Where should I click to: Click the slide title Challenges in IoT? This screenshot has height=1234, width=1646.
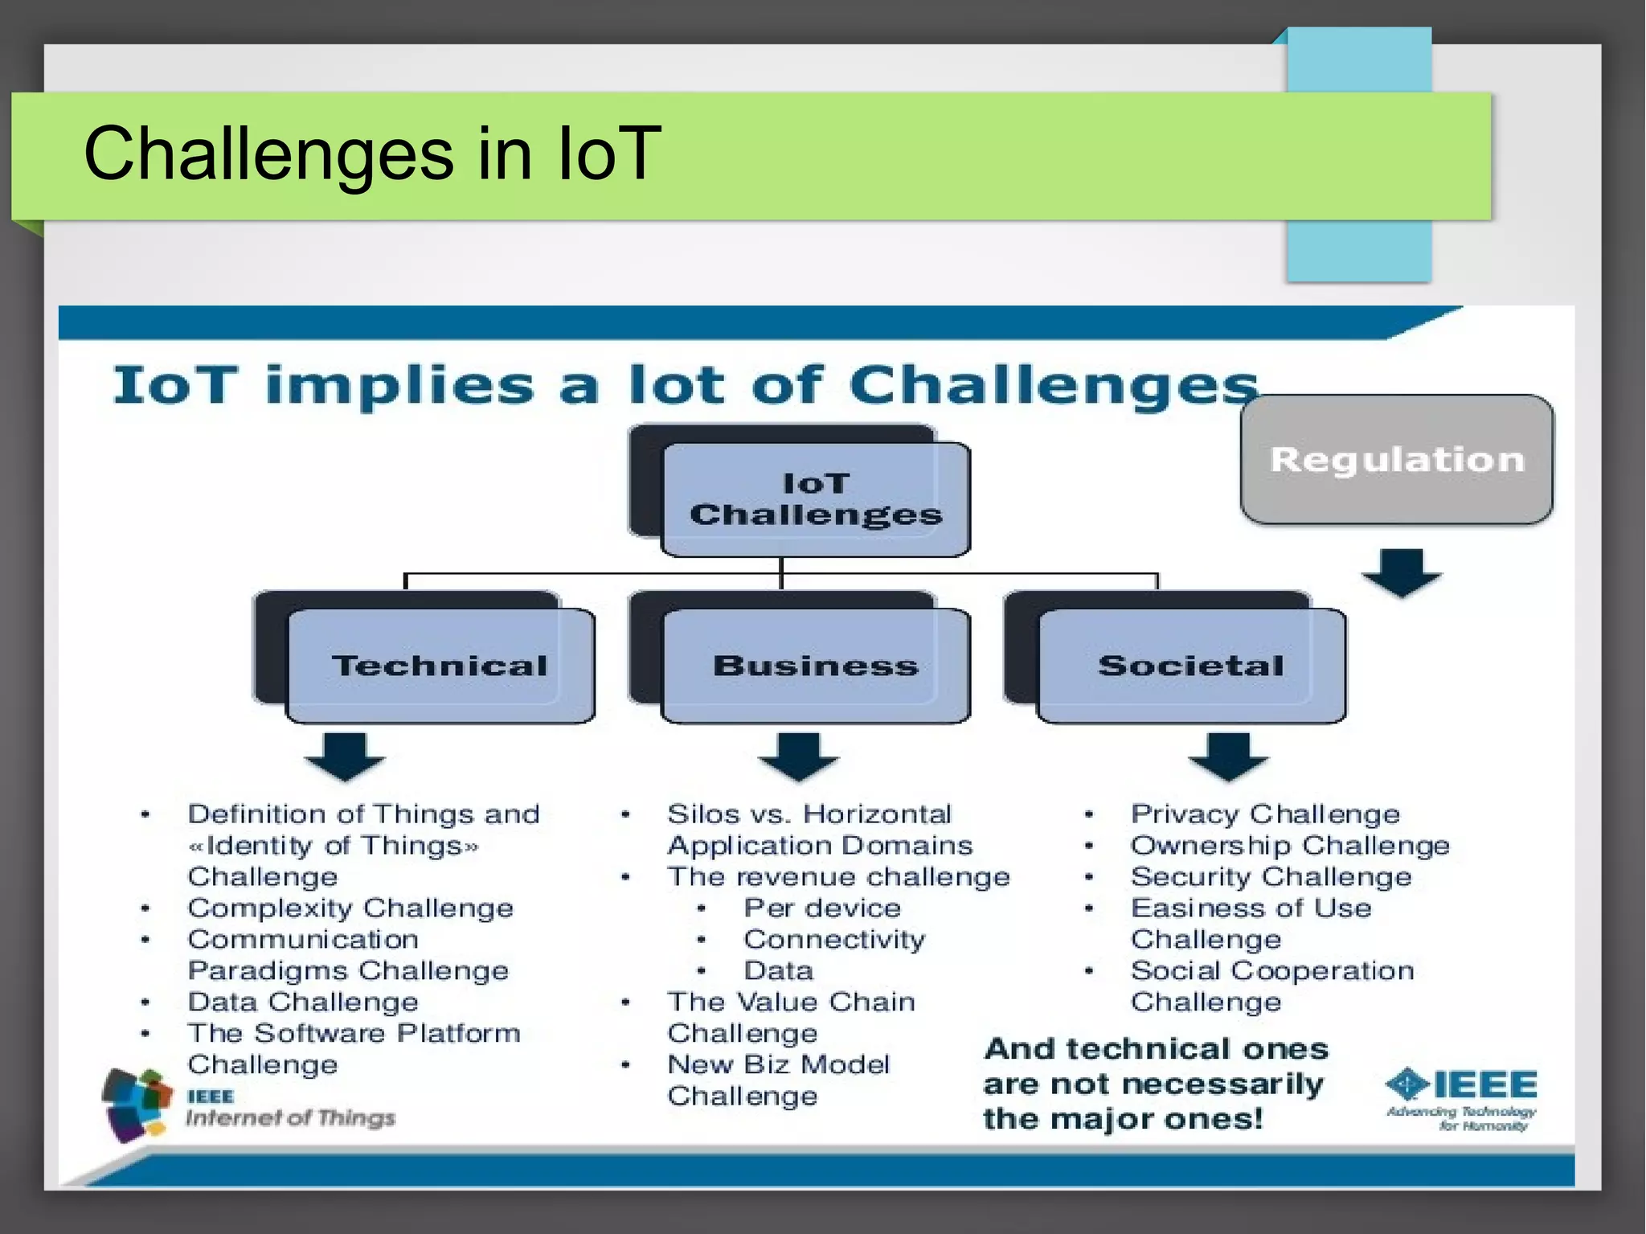coord(371,154)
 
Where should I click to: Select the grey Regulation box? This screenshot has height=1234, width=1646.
coord(1397,460)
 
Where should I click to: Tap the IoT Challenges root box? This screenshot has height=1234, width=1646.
coord(815,498)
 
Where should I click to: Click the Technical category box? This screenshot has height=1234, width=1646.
coord(440,666)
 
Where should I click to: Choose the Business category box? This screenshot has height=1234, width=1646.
coord(815,666)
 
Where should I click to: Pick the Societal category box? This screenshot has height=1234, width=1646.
coord(1191,666)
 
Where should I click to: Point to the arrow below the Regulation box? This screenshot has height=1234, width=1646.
coord(1402,573)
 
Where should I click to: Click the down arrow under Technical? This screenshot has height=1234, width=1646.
coord(345,756)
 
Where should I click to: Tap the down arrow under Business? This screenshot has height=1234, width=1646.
coord(798,756)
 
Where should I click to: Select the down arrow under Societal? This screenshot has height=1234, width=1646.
coord(1228,756)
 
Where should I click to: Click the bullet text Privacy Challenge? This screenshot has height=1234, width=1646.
coord(1265,814)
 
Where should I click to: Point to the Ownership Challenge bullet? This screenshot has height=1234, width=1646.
coord(1289,846)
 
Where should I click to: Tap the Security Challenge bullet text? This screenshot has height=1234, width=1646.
coord(1271,877)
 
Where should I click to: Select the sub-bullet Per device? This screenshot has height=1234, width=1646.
coord(822,908)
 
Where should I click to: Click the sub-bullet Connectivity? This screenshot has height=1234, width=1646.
coord(834,940)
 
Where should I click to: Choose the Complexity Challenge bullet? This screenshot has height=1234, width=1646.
coord(350,908)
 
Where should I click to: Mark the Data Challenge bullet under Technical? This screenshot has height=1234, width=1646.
coord(303,1002)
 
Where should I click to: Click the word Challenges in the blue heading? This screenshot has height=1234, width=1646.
coord(1053,386)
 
